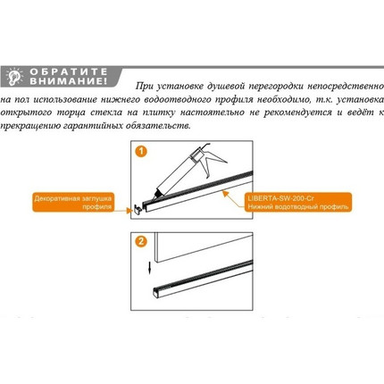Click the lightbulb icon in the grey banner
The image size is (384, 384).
tap(15, 77)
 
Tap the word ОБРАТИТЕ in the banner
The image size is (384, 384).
tap(69, 71)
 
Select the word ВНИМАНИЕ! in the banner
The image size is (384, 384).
tap(69, 81)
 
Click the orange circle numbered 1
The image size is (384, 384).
tap(141, 151)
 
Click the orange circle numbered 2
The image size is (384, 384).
tap(141, 241)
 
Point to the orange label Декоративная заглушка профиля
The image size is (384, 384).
tap(73, 202)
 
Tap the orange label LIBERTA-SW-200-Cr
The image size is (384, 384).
tap(298, 202)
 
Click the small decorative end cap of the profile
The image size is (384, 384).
tap(138, 209)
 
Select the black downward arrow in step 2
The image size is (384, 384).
tap(150, 268)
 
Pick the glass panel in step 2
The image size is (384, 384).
tap(204, 246)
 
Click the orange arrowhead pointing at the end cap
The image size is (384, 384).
tap(129, 211)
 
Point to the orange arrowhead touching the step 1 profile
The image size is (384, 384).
tap(226, 194)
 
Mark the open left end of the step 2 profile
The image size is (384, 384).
tap(156, 292)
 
